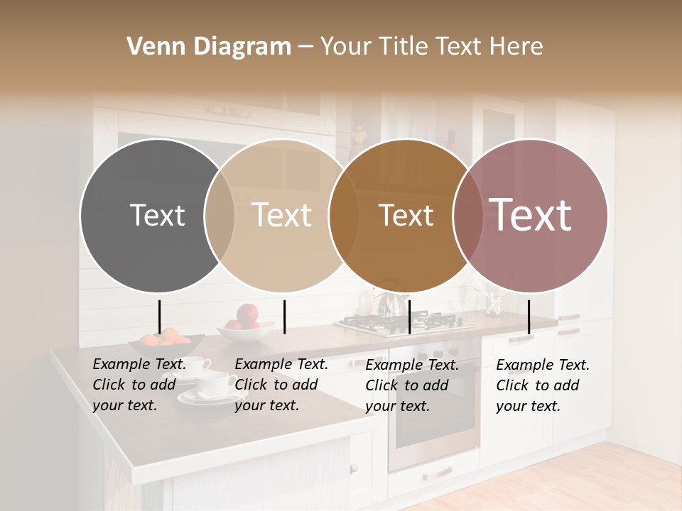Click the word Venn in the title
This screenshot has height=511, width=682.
pos(152,47)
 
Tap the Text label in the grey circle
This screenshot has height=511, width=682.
pos(157,215)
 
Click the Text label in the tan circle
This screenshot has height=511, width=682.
pos(282,215)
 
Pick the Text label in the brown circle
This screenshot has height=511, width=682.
pos(406,215)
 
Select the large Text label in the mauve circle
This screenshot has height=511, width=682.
pos(530,214)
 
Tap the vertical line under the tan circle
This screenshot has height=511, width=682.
pos(284,317)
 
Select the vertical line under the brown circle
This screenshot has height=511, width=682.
pos(409,317)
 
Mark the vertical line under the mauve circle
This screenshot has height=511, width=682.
pos(529,317)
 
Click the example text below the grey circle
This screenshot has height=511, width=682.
pos(139,385)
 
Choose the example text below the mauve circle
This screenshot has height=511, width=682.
pos(543,385)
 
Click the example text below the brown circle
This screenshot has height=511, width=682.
pos(412,385)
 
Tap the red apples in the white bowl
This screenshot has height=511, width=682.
pos(247,317)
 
